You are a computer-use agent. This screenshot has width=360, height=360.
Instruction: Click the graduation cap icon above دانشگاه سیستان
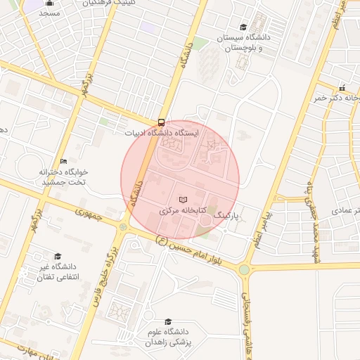243,26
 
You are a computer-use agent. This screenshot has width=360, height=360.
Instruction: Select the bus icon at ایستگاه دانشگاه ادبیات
162,121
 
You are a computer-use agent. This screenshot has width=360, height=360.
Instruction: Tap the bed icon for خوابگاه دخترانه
64,161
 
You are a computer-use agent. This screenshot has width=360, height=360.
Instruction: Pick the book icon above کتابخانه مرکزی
183,200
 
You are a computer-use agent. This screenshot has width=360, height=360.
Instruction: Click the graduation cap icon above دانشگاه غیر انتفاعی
58,256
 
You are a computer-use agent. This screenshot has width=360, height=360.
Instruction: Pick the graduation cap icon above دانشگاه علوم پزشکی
167,321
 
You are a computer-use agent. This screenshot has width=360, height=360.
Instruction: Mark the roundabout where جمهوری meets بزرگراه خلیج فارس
124,226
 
